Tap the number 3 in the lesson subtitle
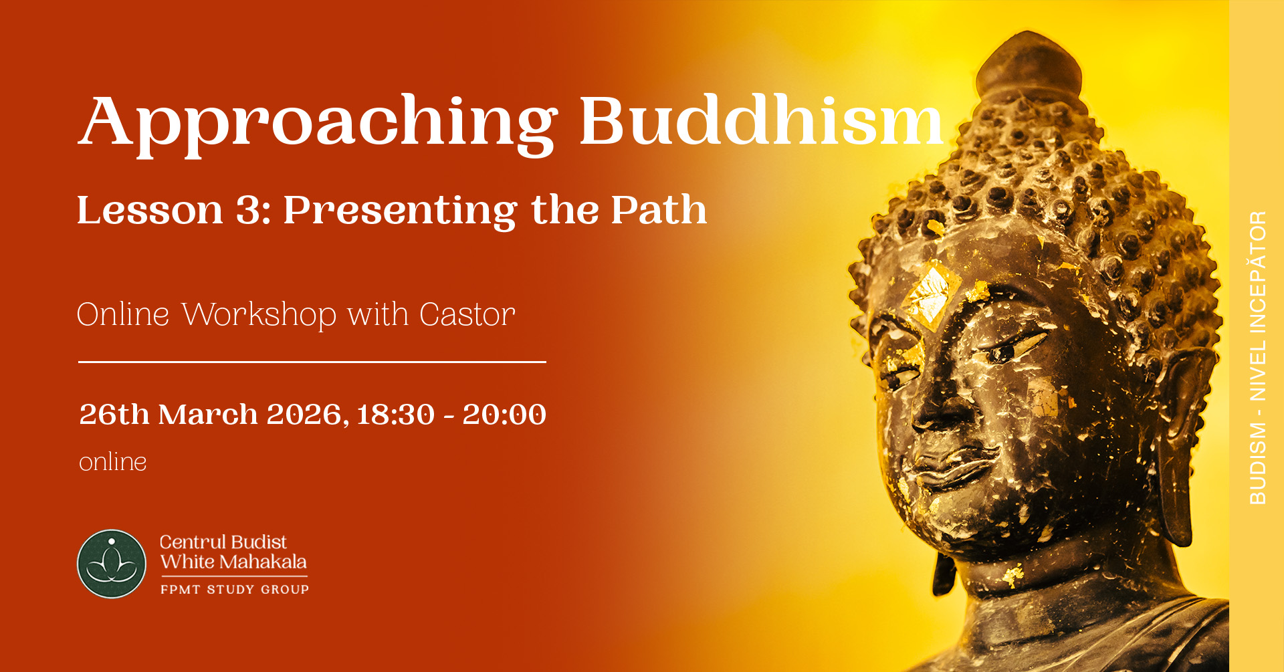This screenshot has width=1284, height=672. point(249,211)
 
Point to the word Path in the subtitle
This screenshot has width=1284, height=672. point(659,210)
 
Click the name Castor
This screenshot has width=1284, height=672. point(467,315)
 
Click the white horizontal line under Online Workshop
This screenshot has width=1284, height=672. point(312,362)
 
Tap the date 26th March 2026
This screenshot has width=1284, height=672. point(214,415)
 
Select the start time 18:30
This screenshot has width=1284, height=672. point(396,415)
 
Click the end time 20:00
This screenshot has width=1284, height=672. point(504,415)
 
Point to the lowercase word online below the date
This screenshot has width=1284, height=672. point(112,462)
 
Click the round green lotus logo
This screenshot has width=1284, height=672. point(112,564)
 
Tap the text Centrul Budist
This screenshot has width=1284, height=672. point(223,542)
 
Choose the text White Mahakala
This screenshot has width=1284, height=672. point(233,562)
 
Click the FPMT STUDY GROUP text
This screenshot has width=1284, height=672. point(235,589)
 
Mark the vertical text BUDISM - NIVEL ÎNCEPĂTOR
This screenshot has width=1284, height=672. point(1258,358)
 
